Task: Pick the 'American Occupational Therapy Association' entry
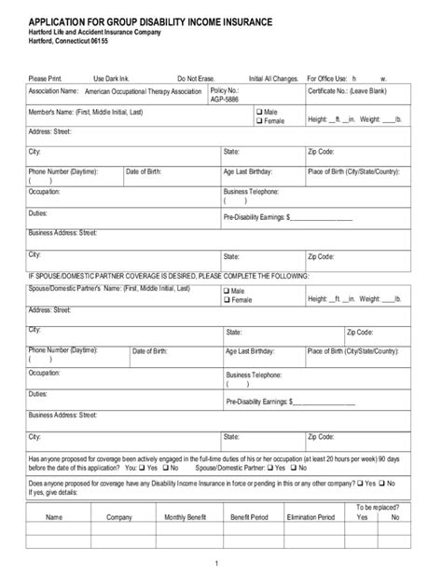click(143, 93)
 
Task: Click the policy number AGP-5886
click(225, 99)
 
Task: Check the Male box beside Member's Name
click(260, 112)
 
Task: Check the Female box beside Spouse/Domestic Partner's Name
click(225, 300)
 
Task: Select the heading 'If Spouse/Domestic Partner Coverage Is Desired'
click(168, 277)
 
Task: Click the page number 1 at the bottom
click(216, 565)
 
